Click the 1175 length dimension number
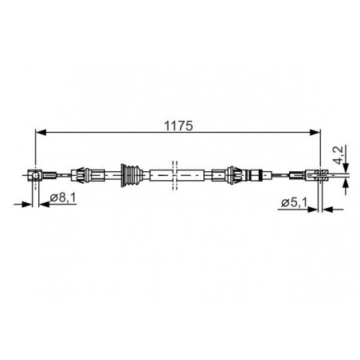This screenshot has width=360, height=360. (178, 126)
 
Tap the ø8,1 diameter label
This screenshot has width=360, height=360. (63, 198)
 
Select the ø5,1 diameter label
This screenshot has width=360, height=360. (294, 203)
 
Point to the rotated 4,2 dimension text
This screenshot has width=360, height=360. (340, 155)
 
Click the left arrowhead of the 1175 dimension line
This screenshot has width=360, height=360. (41, 132)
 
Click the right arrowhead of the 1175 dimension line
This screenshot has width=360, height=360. (315, 132)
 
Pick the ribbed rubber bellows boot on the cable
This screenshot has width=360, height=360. (131, 175)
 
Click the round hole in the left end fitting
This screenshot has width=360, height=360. (35, 175)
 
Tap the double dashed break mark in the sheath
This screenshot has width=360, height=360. (174, 175)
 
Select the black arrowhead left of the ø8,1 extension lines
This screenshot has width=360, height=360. (27, 204)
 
